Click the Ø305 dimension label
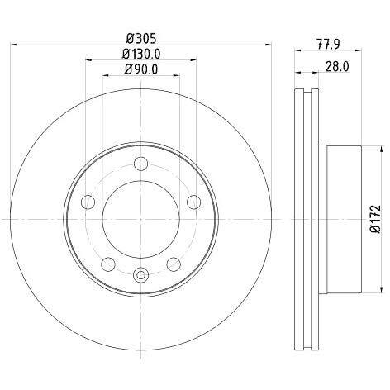pos(141,38)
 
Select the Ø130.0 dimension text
pos(141,54)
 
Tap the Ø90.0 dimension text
pos(141,69)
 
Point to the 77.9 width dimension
pos(328,44)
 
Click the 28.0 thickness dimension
pos(337,67)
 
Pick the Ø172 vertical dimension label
pos(375,219)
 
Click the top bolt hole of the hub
pos(140,164)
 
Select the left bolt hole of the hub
pos(88,202)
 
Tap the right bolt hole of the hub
pos(193,202)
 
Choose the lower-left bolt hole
pos(108,264)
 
